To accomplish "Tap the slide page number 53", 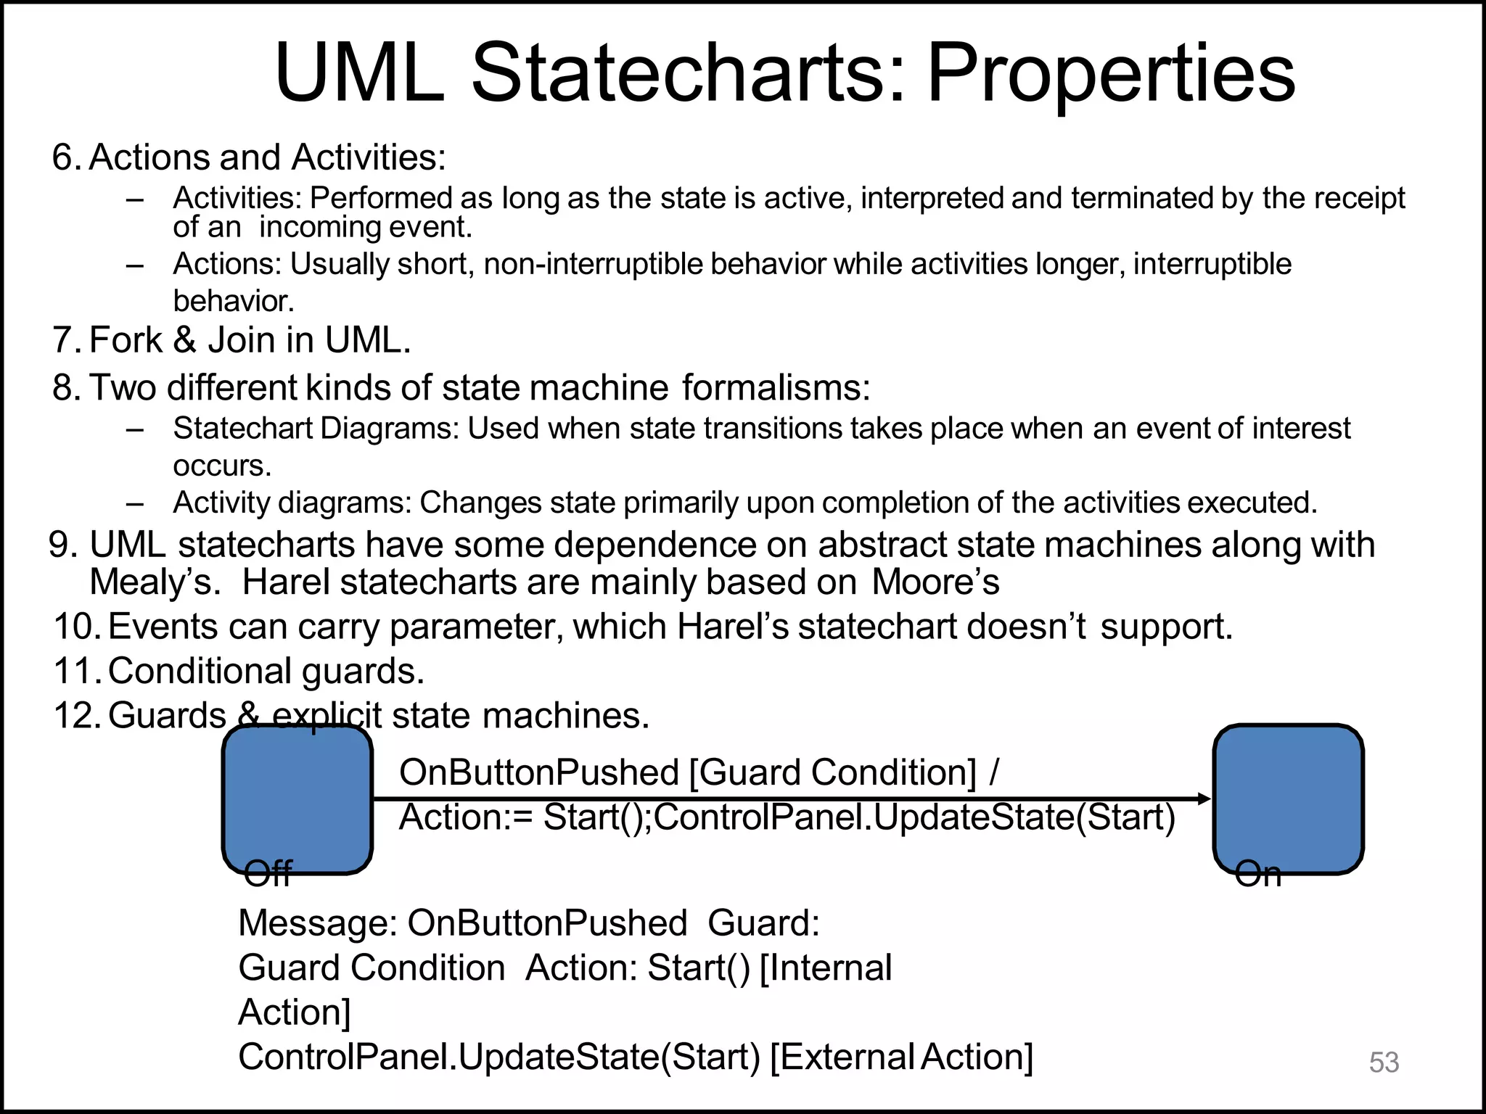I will click(1384, 1063).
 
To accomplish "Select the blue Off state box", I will click(297, 799).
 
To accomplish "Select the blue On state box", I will click(1288, 799).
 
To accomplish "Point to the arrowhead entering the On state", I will click(1204, 799).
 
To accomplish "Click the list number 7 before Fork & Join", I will click(66, 340).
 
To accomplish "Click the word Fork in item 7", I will click(126, 340).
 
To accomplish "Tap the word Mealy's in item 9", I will click(155, 582).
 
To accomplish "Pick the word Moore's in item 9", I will click(935, 582).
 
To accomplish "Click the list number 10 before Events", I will click(75, 627).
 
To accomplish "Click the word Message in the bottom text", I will click(317, 924).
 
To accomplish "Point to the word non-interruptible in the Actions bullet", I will click(595, 264).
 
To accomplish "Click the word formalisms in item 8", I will click(775, 388).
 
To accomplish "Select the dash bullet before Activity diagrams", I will click(135, 503).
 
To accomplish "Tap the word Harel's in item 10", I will click(733, 627).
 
